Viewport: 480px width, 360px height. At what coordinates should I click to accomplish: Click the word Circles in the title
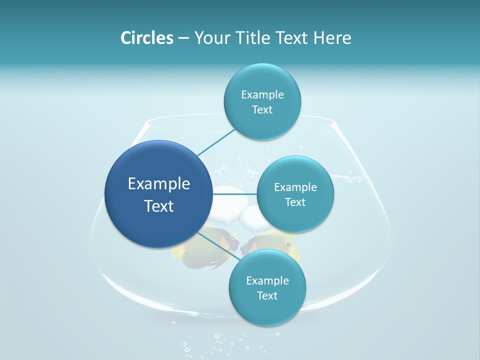point(146,37)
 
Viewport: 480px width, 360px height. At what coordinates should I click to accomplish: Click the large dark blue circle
point(158,194)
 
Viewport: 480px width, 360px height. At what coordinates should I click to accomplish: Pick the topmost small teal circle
point(262,101)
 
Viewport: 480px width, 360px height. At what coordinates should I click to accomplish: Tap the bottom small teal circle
point(267,287)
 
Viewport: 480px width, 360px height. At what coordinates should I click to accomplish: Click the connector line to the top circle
point(216,141)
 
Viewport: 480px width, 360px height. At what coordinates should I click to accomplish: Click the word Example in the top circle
point(262,94)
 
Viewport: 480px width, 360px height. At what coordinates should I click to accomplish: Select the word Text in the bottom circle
point(267,295)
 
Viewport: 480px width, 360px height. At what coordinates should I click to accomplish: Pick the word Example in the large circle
point(158,184)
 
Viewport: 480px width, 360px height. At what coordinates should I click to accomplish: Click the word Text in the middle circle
point(295,202)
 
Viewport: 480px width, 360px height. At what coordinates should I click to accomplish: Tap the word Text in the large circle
point(158,205)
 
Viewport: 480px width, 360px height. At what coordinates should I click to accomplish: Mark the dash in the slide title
point(183,38)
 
